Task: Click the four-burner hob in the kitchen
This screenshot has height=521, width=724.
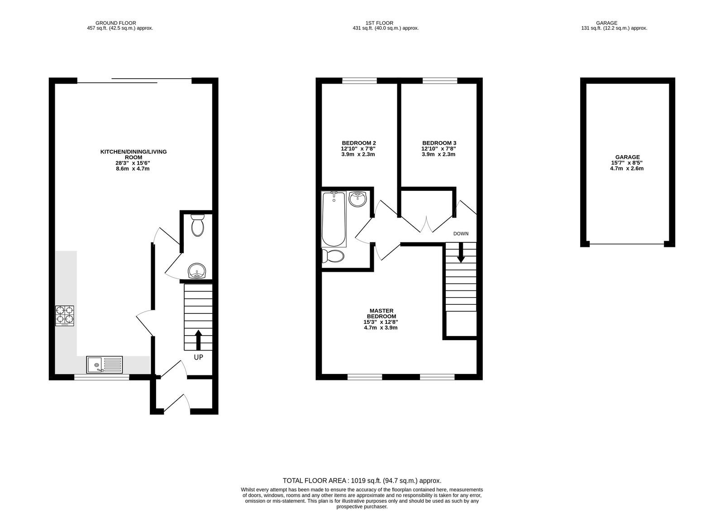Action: coord(65,316)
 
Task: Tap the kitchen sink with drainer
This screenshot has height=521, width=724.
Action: coord(105,365)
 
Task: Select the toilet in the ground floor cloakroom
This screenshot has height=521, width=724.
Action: coord(197,225)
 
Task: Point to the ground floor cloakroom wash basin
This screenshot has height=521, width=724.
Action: coord(197,270)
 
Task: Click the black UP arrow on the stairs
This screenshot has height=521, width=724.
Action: coord(199,340)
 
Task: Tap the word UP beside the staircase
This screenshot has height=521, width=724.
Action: coord(199,357)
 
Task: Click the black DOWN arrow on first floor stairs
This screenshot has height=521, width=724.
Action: coord(461,252)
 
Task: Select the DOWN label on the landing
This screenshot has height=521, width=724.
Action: coord(461,233)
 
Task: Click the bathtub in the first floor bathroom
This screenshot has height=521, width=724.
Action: coord(334,219)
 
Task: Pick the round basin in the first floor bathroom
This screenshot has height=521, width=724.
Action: coord(358,199)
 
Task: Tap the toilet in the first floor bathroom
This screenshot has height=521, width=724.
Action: coord(333,256)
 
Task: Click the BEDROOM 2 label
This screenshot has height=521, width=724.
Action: coord(359,143)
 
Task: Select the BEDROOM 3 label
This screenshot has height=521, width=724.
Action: coord(439,143)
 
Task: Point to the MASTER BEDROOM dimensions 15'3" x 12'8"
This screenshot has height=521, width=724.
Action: coord(381,322)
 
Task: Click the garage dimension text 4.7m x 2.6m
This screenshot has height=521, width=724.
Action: coord(627,168)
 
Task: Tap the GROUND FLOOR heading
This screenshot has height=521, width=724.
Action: coord(116,23)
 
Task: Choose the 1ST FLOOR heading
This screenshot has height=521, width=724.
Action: coord(380,23)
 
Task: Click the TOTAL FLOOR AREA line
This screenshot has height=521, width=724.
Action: coord(362,481)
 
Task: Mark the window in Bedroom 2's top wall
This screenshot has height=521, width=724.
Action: coord(360,81)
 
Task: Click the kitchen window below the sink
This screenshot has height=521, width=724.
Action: coord(102,377)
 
